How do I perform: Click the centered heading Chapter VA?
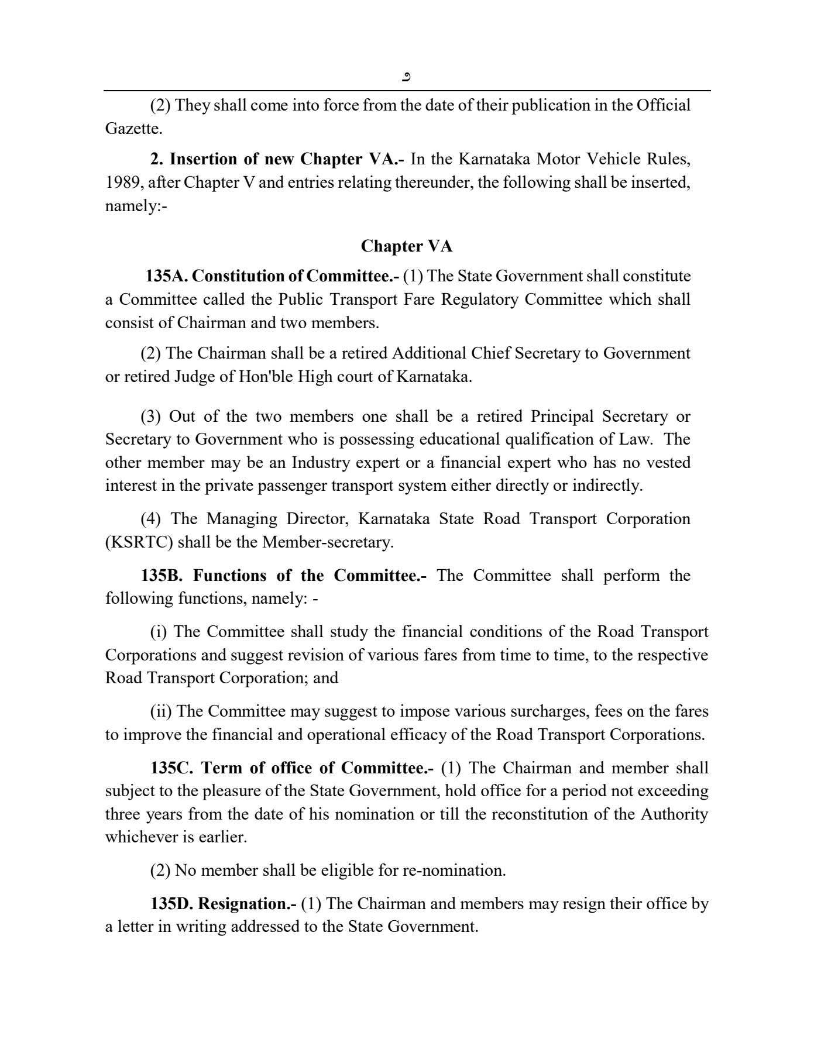click(406, 246)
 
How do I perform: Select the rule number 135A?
click(166, 276)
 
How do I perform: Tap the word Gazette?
click(133, 129)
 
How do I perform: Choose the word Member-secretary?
click(327, 542)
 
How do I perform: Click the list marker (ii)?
click(161, 711)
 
